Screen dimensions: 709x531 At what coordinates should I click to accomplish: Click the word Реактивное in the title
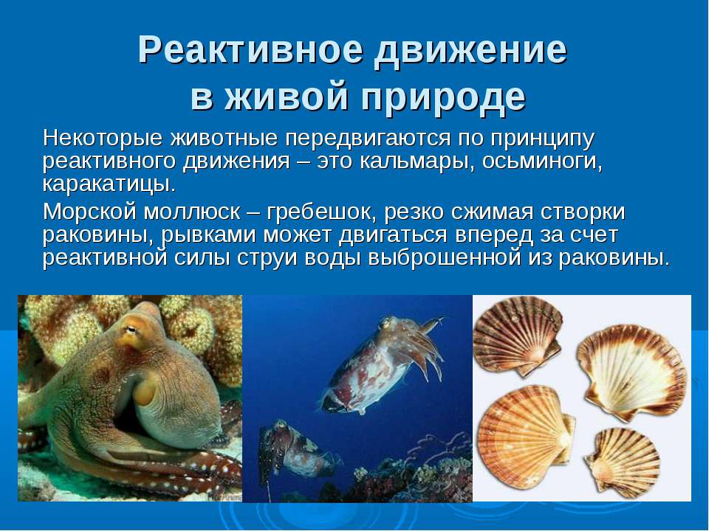coord(250,49)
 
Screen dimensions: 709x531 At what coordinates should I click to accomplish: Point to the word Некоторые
coord(102,138)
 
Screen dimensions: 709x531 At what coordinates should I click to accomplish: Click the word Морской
coord(89,212)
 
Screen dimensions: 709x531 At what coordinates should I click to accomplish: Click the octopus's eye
coord(131,330)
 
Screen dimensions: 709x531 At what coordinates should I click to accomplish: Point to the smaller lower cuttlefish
coord(294,449)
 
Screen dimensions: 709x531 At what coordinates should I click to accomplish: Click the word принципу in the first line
coord(542,139)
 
